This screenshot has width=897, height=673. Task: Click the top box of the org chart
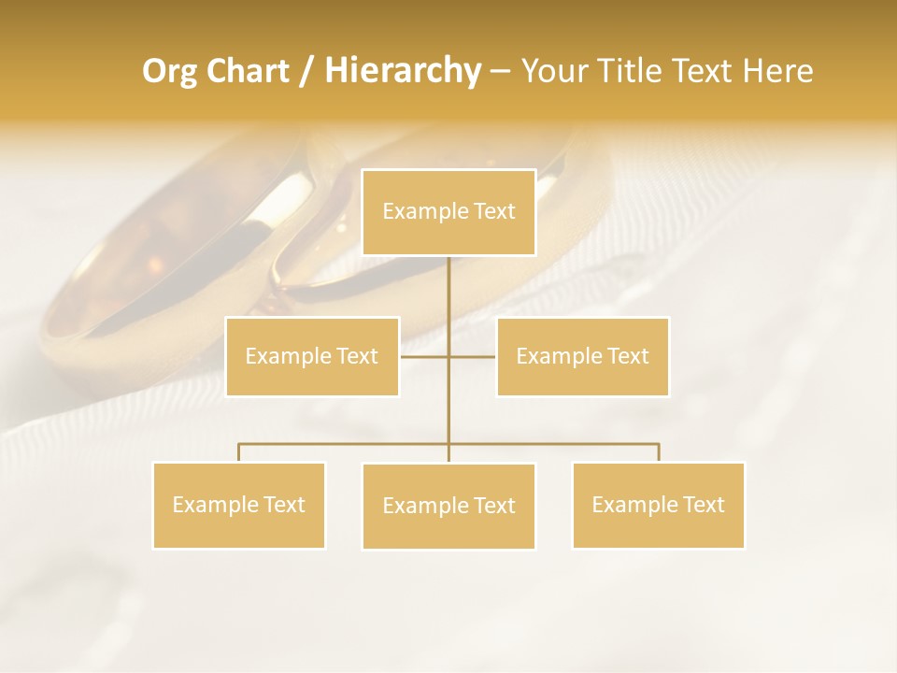(448, 212)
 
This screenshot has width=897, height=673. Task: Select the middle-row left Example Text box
(312, 356)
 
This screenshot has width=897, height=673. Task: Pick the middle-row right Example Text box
(582, 356)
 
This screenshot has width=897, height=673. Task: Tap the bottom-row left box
(239, 505)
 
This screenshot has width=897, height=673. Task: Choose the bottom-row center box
(448, 506)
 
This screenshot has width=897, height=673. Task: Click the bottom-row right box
(658, 505)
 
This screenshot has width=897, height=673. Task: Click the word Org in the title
(168, 71)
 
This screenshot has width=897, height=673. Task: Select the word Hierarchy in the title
(402, 71)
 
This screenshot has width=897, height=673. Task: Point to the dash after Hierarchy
(500, 71)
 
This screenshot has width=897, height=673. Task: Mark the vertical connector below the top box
(448, 290)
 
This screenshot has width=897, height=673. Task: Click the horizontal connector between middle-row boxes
(425, 356)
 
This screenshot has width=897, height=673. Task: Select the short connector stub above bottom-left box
(239, 452)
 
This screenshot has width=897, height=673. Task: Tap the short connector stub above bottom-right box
(658, 452)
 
